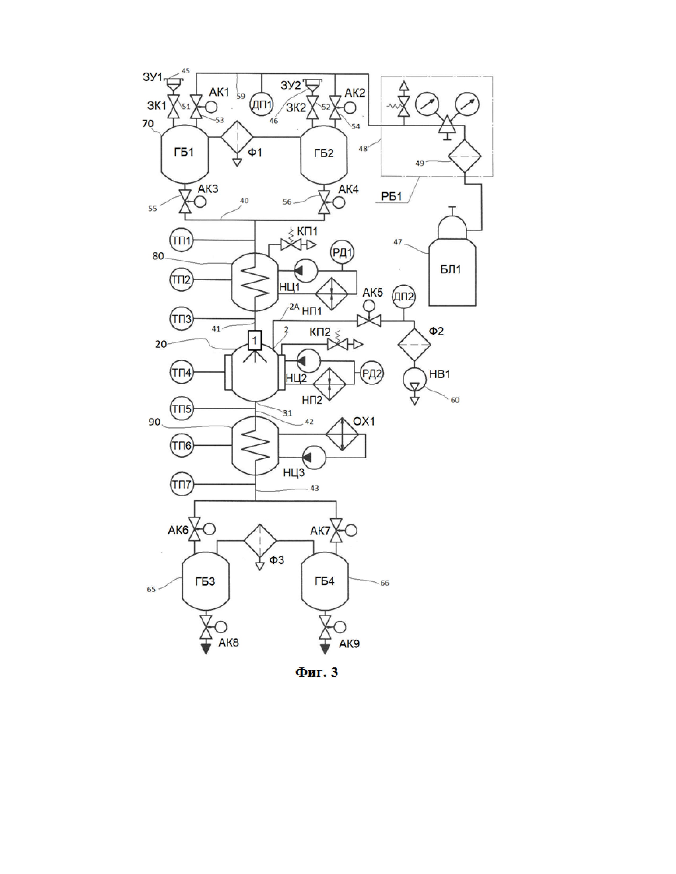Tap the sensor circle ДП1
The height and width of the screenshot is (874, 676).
pyautogui.click(x=261, y=105)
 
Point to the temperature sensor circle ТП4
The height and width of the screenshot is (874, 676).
pyautogui.click(x=182, y=373)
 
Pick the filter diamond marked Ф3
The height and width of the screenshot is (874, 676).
pyautogui.click(x=260, y=541)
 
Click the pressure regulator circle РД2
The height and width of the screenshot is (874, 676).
pyautogui.click(x=372, y=373)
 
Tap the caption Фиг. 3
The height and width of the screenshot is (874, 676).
pyautogui.click(x=316, y=672)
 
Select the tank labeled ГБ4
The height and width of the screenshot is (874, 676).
pyautogui.click(x=324, y=581)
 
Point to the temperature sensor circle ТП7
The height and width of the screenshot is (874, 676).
pyautogui.click(x=182, y=485)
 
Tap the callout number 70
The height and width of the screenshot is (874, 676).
pyautogui.click(x=148, y=124)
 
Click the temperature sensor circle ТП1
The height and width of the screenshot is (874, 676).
pyautogui.click(x=182, y=240)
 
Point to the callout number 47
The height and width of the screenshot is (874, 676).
pyautogui.click(x=398, y=242)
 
